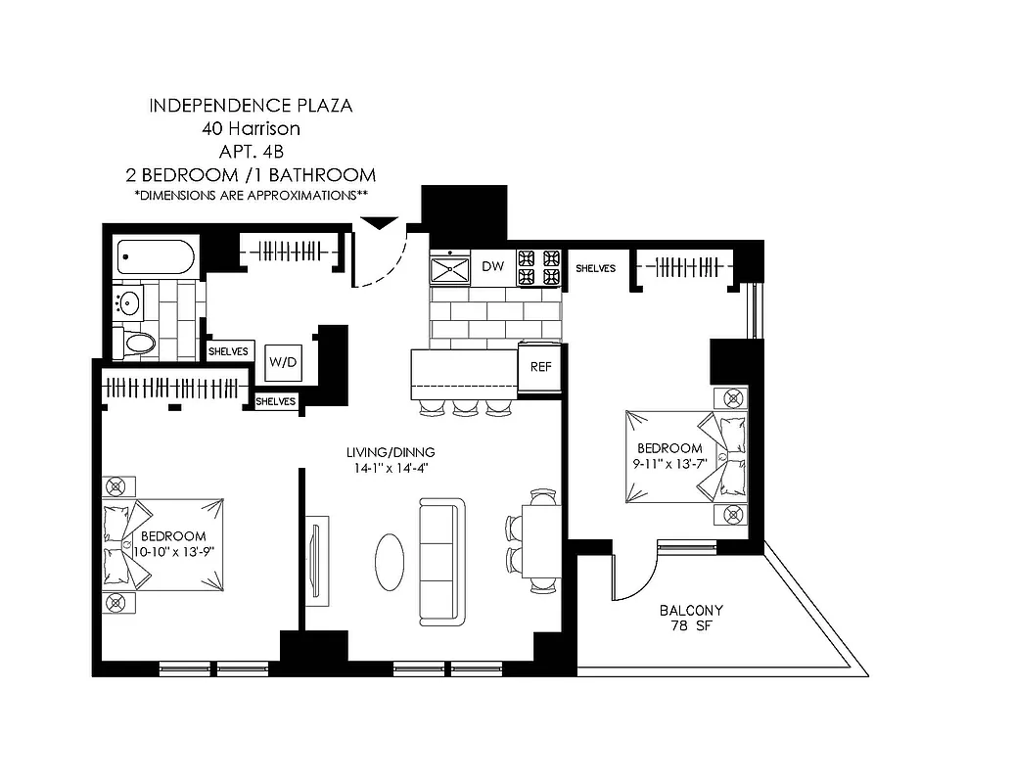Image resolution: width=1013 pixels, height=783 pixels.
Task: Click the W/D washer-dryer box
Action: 284,362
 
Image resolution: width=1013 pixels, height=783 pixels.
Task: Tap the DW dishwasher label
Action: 492,267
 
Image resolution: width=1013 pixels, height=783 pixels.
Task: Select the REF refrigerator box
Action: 539,367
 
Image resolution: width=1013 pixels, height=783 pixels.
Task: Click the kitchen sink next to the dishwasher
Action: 451,268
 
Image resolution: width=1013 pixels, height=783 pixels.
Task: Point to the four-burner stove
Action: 538,268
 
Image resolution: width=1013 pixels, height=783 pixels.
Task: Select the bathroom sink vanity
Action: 128,302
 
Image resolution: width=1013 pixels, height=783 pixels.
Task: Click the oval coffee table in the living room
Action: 389,561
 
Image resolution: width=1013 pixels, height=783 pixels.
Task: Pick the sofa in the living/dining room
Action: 441,561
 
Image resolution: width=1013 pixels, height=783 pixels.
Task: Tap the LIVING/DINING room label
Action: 390,453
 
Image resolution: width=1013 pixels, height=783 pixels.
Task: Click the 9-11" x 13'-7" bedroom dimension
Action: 667,463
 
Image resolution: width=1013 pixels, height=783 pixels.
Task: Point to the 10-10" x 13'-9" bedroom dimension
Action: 173,551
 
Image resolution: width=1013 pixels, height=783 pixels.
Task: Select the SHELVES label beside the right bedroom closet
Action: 595,268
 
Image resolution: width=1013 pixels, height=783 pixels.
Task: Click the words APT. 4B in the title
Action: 250,152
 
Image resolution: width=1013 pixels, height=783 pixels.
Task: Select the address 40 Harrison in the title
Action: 250,128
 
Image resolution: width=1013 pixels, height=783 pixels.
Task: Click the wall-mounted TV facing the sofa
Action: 315,557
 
